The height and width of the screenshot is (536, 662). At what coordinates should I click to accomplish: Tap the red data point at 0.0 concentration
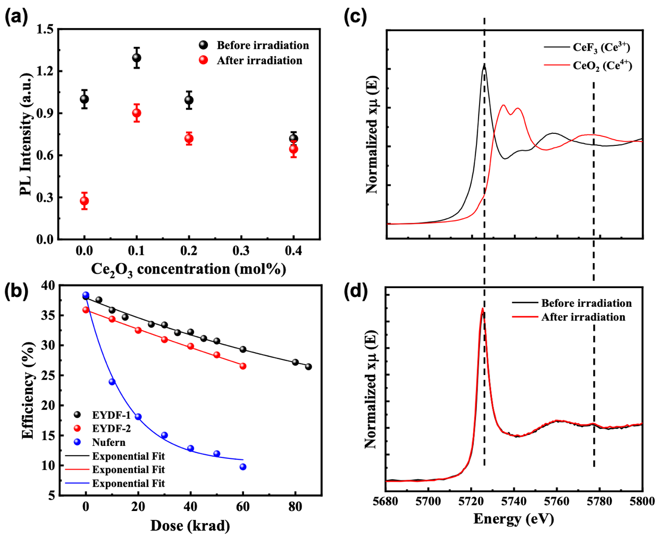coord(84,201)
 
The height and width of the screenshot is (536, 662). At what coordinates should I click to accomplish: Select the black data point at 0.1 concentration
coord(137,58)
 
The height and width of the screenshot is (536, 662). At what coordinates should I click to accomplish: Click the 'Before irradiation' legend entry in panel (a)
coord(262,45)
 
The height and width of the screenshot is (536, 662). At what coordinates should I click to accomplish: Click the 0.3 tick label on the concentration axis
coord(241,251)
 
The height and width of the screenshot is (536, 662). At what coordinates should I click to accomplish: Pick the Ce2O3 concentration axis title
coord(188,269)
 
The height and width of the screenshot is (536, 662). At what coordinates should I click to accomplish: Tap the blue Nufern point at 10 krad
coord(112,382)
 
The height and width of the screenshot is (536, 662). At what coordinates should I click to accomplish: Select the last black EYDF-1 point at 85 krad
coord(308,367)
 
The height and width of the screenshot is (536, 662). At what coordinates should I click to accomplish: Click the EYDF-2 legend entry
coord(111,429)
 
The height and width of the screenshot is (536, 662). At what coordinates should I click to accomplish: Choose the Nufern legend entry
coord(108,442)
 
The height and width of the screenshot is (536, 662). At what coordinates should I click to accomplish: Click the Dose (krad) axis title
coord(190,526)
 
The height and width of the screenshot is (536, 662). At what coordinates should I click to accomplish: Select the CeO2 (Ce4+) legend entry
coord(602,66)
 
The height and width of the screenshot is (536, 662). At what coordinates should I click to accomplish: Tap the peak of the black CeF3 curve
coord(484,66)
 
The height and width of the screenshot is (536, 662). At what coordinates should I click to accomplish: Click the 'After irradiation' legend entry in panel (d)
coord(583,317)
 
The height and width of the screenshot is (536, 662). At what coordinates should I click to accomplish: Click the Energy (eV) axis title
coord(513,519)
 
